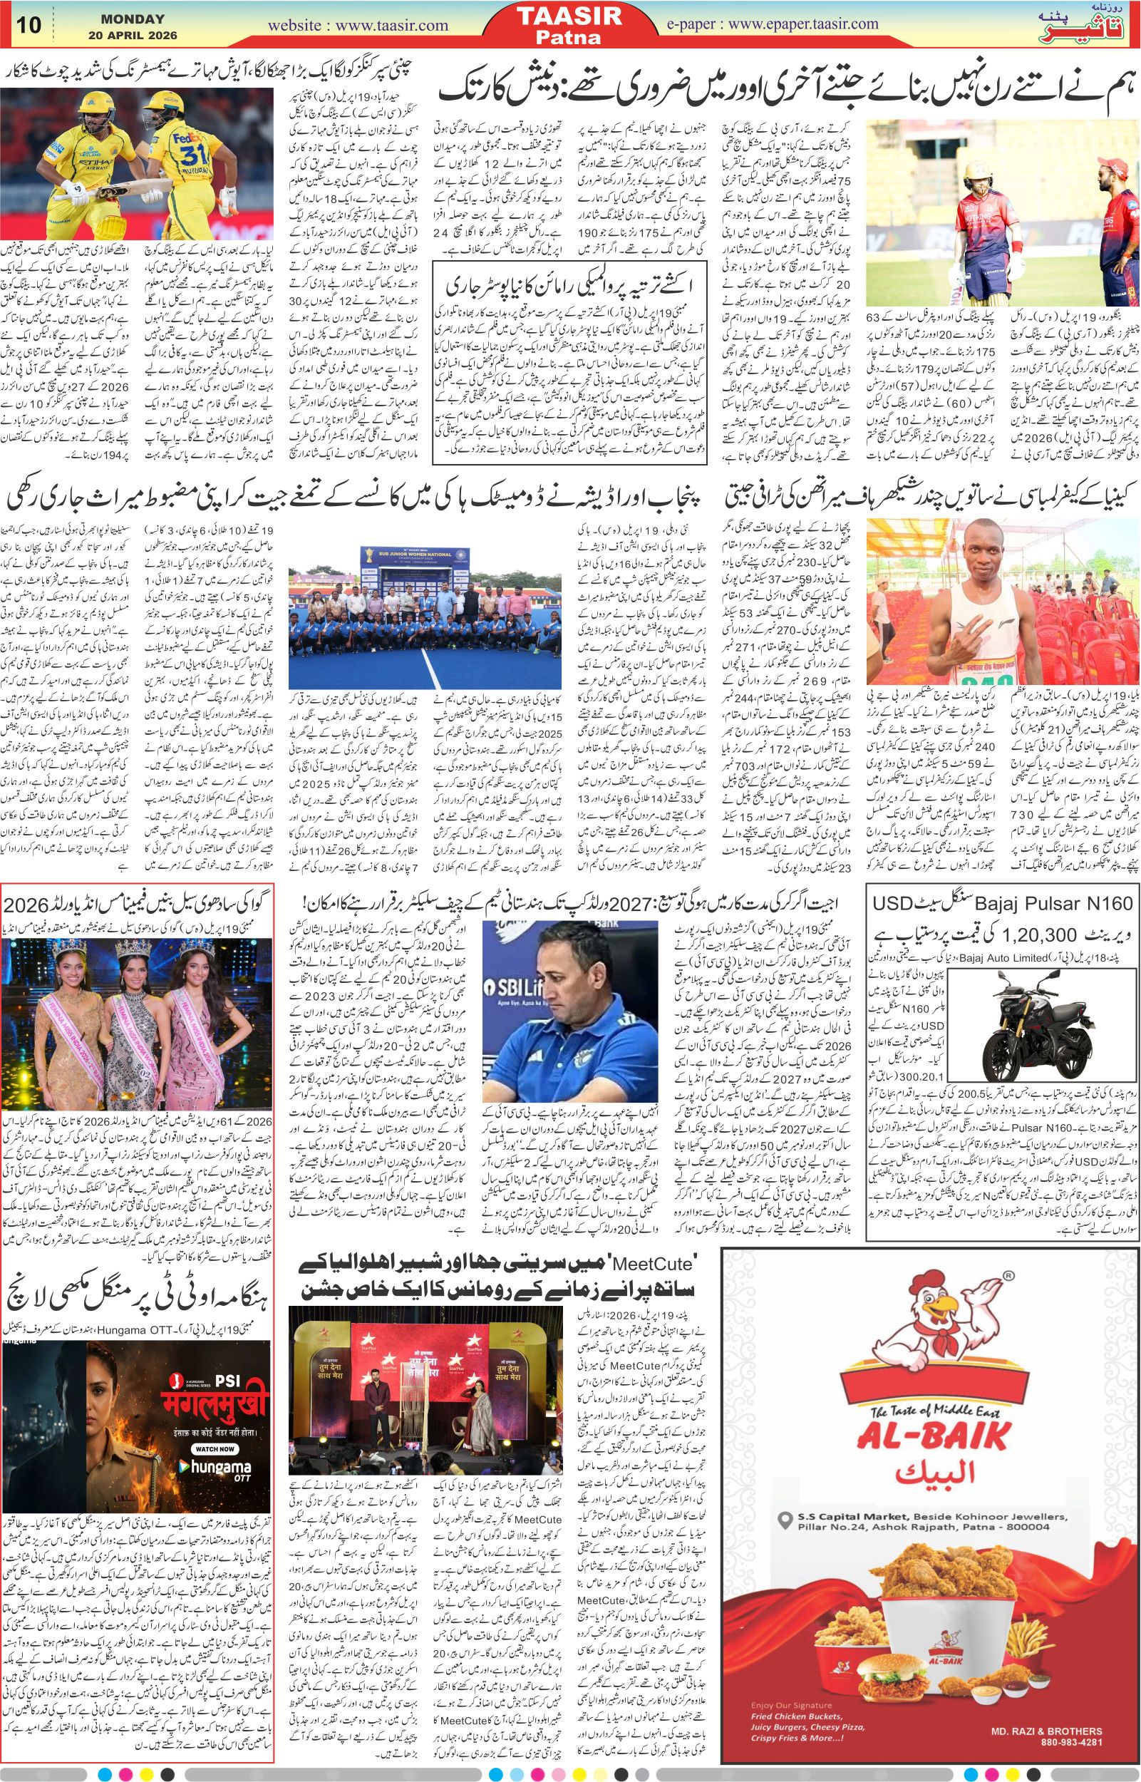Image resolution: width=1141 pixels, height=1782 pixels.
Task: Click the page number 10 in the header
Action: click(31, 24)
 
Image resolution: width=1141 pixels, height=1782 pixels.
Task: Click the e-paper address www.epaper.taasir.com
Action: click(803, 24)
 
